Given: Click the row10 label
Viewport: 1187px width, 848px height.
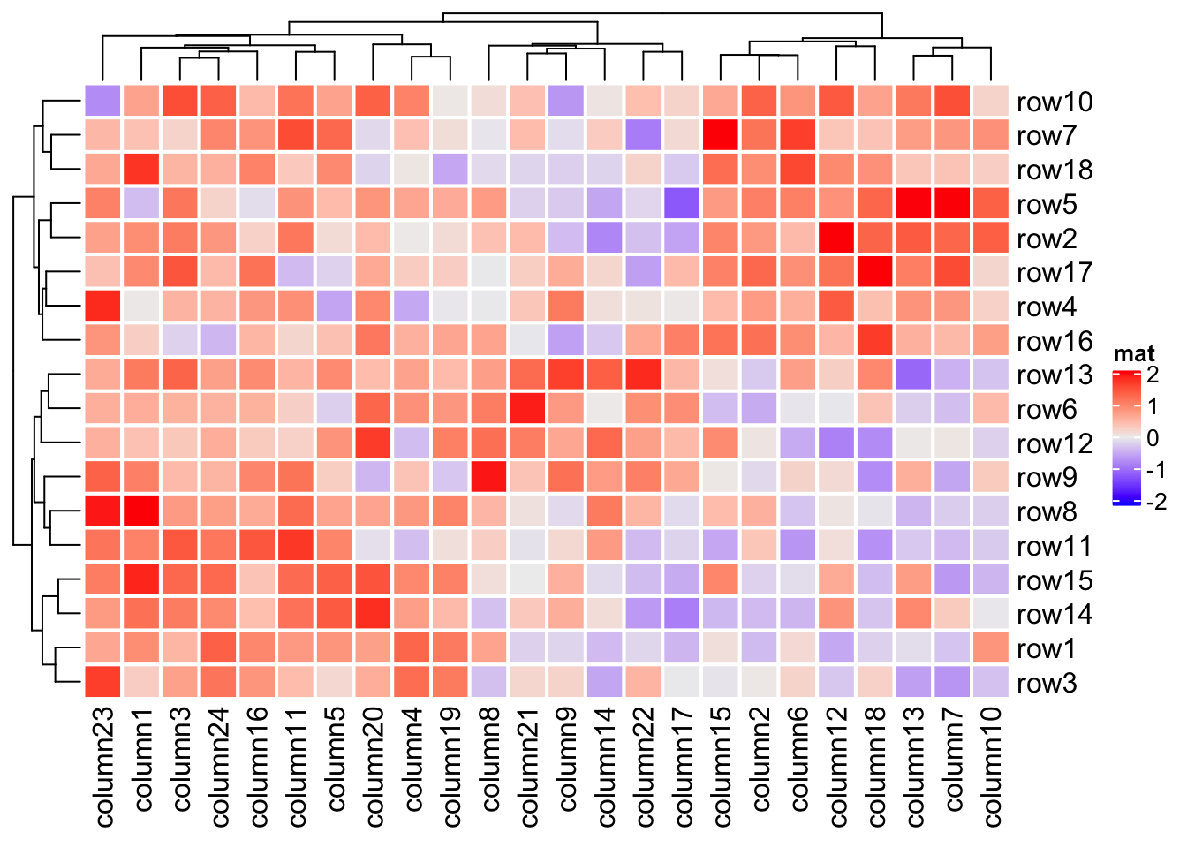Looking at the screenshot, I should [1055, 102].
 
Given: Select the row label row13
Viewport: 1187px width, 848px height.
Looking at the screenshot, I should [1055, 375].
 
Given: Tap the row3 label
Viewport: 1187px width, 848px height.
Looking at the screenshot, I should [1047, 683].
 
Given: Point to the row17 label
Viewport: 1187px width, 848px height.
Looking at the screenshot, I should [1055, 273].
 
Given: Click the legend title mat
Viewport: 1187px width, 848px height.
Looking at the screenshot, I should [1134, 354].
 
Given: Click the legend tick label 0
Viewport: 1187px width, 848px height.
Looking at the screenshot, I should [1152, 438].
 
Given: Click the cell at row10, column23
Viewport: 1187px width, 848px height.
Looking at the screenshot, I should [103, 102].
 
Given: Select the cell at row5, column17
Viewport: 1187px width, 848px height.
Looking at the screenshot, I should [682, 205].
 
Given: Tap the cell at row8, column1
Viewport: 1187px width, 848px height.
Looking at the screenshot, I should [141, 512].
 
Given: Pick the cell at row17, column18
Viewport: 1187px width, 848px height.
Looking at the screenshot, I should [874, 273].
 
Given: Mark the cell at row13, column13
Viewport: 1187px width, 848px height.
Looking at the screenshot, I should [913, 375].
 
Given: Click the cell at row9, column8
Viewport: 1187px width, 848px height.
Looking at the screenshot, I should [489, 478].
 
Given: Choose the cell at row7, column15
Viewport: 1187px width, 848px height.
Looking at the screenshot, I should [721, 136].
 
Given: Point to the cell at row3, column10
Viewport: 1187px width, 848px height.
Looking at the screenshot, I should [991, 683].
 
